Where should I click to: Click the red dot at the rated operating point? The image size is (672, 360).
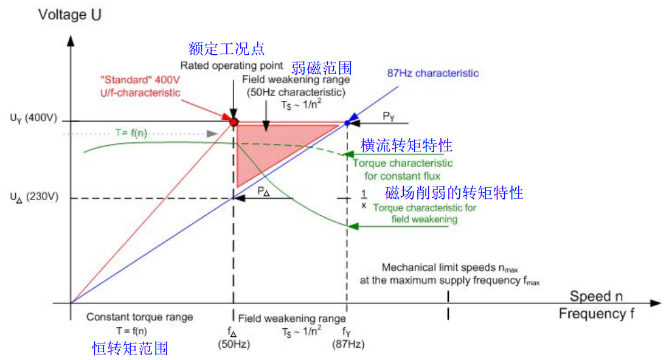click(233, 122)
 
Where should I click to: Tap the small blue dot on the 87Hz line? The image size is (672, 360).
click(347, 123)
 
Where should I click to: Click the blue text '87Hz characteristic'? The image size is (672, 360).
click(433, 74)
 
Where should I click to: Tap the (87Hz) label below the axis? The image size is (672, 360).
click(348, 344)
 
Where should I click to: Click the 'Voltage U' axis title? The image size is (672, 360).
click(70, 15)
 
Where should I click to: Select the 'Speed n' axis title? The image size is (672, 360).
click(596, 296)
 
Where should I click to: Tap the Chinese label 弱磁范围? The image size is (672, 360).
click(321, 66)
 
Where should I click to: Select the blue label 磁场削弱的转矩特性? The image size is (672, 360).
click(454, 193)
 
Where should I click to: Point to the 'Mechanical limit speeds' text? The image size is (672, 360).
click(449, 268)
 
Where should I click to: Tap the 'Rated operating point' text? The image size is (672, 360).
click(232, 65)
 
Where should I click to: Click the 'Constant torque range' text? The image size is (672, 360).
click(139, 317)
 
